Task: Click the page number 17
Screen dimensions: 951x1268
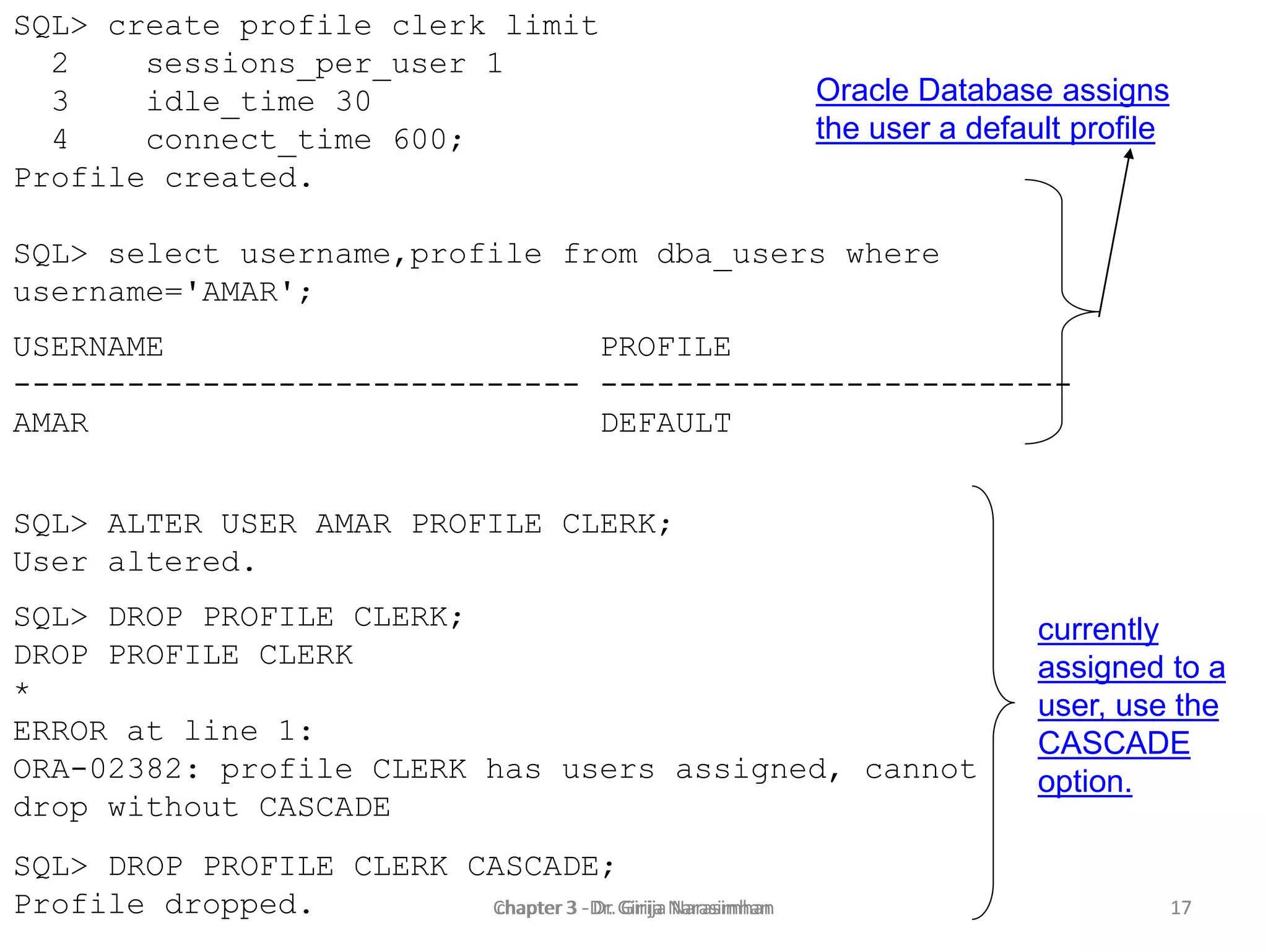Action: click(x=1180, y=908)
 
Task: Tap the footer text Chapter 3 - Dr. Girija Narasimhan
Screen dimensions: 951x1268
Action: click(x=633, y=908)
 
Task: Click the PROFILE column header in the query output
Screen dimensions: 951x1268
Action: click(x=666, y=347)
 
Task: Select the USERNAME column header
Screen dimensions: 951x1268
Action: click(x=89, y=347)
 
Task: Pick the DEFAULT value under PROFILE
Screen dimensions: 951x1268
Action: click(x=666, y=423)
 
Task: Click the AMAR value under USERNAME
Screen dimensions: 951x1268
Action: click(x=51, y=423)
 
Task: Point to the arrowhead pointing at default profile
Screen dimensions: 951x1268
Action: click(x=1129, y=154)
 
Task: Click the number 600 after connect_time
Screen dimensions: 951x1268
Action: click(x=420, y=140)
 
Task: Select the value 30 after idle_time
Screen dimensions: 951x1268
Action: click(x=353, y=102)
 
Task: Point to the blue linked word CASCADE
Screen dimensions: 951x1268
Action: click(x=1113, y=743)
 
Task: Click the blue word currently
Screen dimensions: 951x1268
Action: click(x=1098, y=630)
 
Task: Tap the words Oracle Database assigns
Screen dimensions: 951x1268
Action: click(x=992, y=90)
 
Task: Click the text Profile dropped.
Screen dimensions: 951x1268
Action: click(x=163, y=905)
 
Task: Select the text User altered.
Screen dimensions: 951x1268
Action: click(x=134, y=562)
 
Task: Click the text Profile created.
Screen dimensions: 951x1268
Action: click(x=163, y=178)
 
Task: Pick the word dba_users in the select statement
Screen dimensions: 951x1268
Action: click(x=740, y=254)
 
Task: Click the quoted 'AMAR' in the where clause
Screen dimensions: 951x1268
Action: click(x=240, y=292)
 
